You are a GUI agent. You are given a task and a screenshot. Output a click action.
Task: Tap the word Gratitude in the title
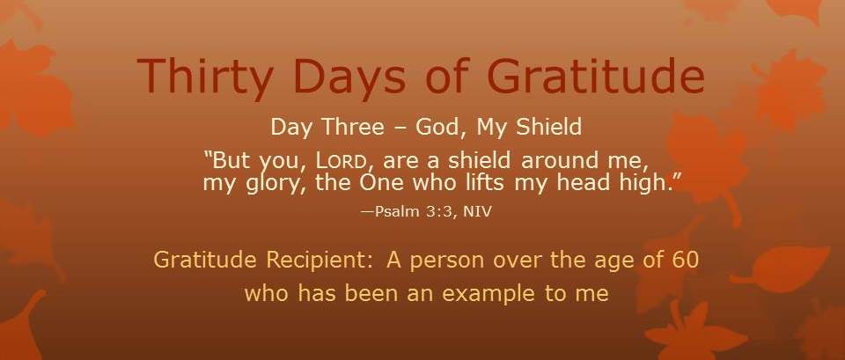click(x=596, y=75)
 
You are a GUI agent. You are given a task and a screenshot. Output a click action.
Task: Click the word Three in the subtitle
click(x=353, y=127)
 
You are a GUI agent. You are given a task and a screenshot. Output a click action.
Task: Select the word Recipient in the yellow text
click(x=316, y=261)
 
